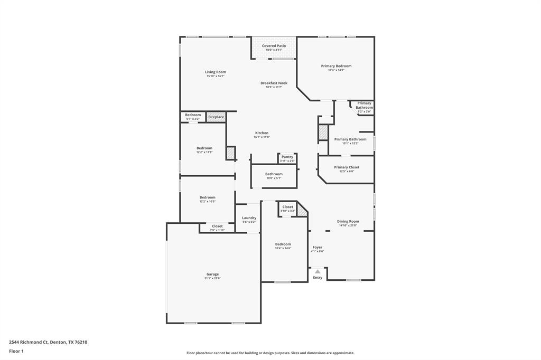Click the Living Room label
coord(216,72)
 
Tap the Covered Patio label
coord(274,46)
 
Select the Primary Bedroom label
coord(336,66)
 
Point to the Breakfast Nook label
coord(274,83)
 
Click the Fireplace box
coord(216,117)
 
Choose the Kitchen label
coord(262,133)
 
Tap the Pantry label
coord(287,157)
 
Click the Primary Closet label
coord(347,167)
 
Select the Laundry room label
coord(249,218)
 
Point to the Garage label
coord(212,274)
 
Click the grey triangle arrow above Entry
coord(318,271)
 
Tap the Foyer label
coord(317,247)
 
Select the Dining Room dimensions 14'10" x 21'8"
coord(348,225)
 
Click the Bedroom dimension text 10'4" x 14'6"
coord(283,248)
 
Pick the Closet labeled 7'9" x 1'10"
coord(217,226)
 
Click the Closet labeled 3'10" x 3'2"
coord(287,207)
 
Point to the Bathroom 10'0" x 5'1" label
coord(274,174)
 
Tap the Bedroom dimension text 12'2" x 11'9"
coord(204,152)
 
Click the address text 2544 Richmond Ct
coord(29,342)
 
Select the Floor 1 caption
coord(16,351)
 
